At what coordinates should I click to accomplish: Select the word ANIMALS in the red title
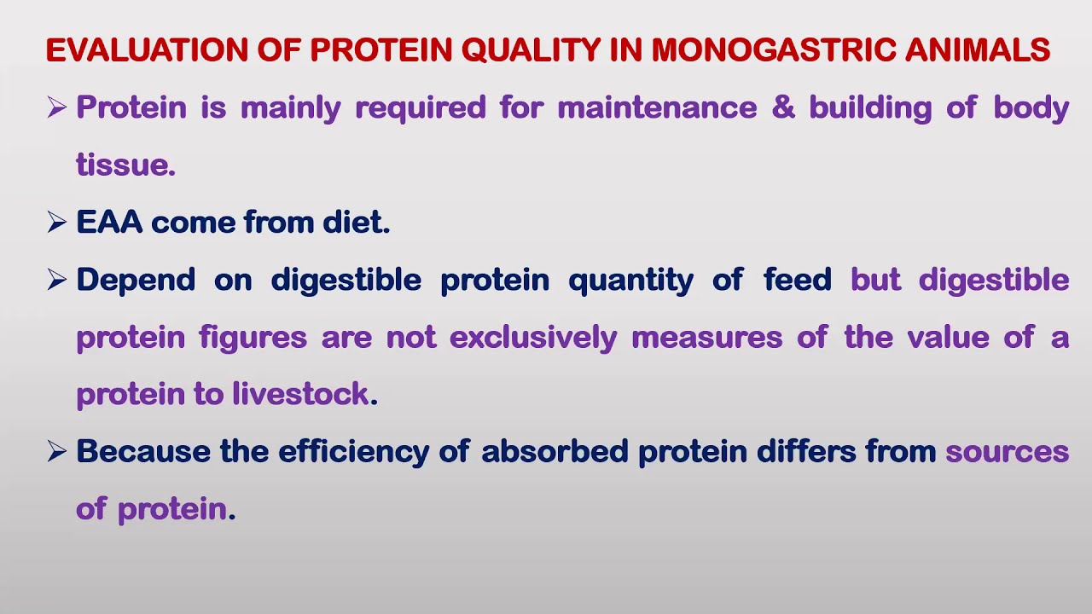(x=978, y=51)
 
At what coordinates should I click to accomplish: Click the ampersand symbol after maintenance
(x=783, y=108)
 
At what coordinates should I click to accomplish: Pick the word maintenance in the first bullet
(x=657, y=108)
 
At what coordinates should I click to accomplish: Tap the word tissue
(x=125, y=165)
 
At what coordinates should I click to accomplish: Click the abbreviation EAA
(x=109, y=223)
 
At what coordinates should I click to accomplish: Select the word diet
(x=356, y=223)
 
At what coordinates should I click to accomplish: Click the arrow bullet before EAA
(x=57, y=223)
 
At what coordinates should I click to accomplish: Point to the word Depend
(x=136, y=281)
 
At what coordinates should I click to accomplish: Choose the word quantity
(x=630, y=281)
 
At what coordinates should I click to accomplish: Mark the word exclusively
(x=532, y=338)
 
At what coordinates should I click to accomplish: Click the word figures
(x=253, y=338)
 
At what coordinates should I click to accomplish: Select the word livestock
(x=300, y=395)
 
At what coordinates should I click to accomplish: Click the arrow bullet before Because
(x=57, y=452)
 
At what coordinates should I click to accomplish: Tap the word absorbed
(x=555, y=452)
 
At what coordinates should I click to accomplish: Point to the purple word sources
(x=1007, y=452)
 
